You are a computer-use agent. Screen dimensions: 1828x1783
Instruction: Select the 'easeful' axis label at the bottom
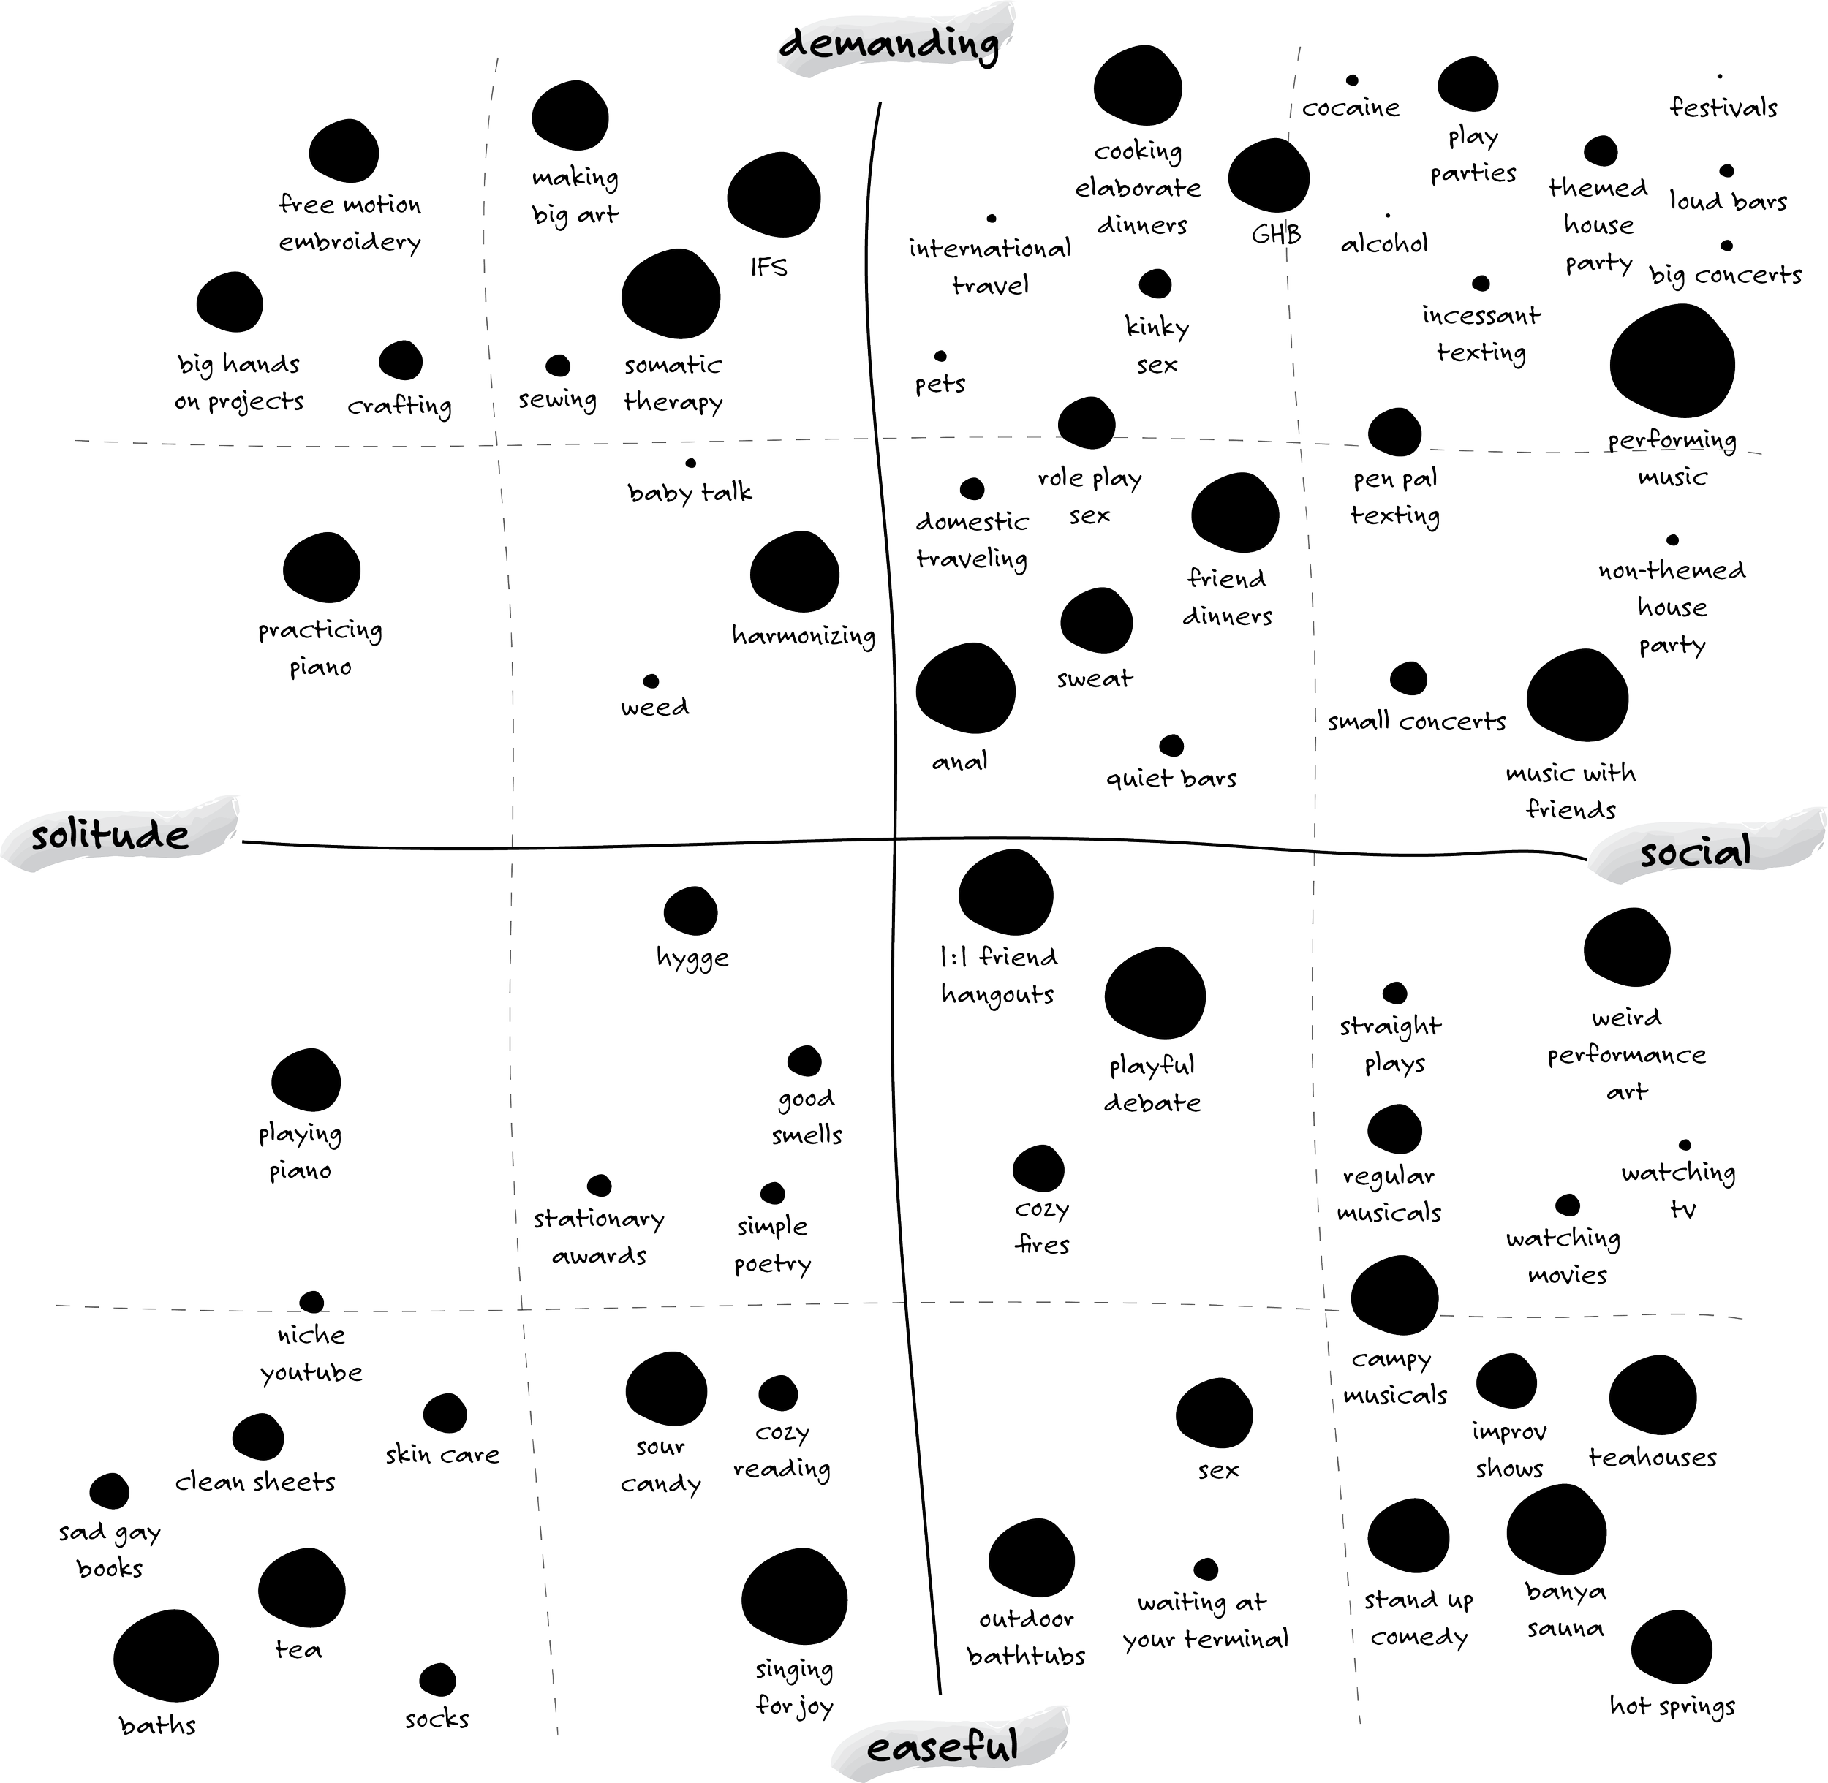[942, 1746]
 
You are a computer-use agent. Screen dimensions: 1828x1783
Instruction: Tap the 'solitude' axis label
[110, 836]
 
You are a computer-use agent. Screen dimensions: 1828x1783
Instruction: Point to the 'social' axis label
[1695, 852]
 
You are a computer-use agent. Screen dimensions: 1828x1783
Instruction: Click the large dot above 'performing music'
[1672, 363]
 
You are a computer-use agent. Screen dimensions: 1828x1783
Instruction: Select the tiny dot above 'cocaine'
[1352, 80]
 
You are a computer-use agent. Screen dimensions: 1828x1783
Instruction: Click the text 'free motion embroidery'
[350, 223]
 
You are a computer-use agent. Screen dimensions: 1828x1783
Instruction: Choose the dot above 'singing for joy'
[794, 1596]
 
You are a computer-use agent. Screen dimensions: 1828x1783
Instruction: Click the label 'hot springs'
[1672, 1706]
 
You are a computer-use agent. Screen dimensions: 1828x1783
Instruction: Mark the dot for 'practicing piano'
[321, 569]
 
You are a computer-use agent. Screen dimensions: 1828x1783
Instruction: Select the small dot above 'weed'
[651, 681]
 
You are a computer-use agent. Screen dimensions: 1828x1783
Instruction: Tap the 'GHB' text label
[1275, 234]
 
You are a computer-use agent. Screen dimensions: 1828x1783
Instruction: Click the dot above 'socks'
[437, 1680]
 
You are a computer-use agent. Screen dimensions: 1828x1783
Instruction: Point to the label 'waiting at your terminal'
[1205, 1620]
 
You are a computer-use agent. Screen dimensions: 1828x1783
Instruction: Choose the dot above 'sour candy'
[666, 1389]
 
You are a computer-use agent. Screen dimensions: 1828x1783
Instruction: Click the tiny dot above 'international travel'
[991, 219]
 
